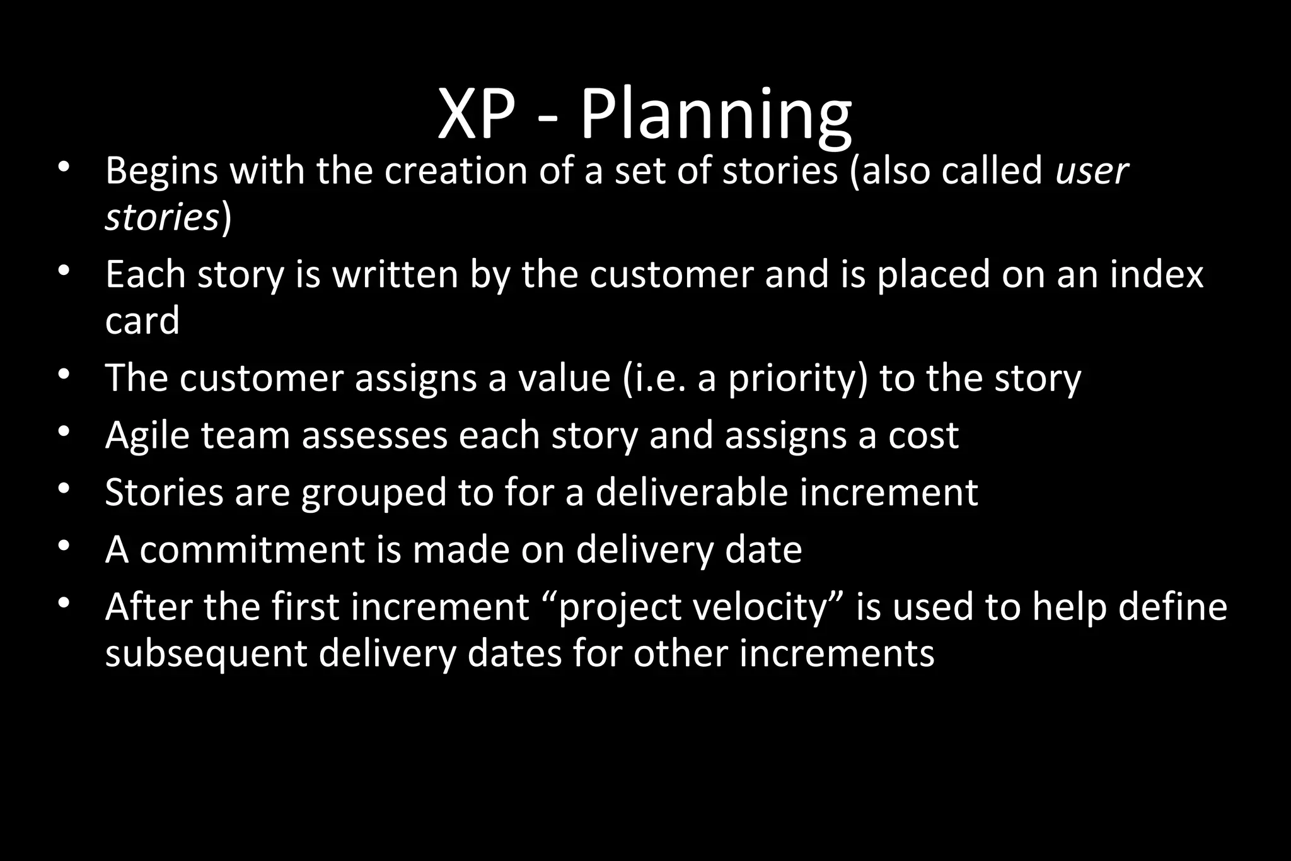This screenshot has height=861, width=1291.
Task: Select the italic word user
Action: (1092, 171)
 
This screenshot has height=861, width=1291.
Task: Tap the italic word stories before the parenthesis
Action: (162, 218)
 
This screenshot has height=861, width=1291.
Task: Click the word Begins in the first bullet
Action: (161, 171)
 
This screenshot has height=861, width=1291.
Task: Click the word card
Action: (142, 320)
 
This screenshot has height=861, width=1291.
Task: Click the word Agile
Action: (147, 435)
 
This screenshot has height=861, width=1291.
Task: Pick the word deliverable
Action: (692, 492)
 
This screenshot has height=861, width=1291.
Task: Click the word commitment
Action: (252, 549)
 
